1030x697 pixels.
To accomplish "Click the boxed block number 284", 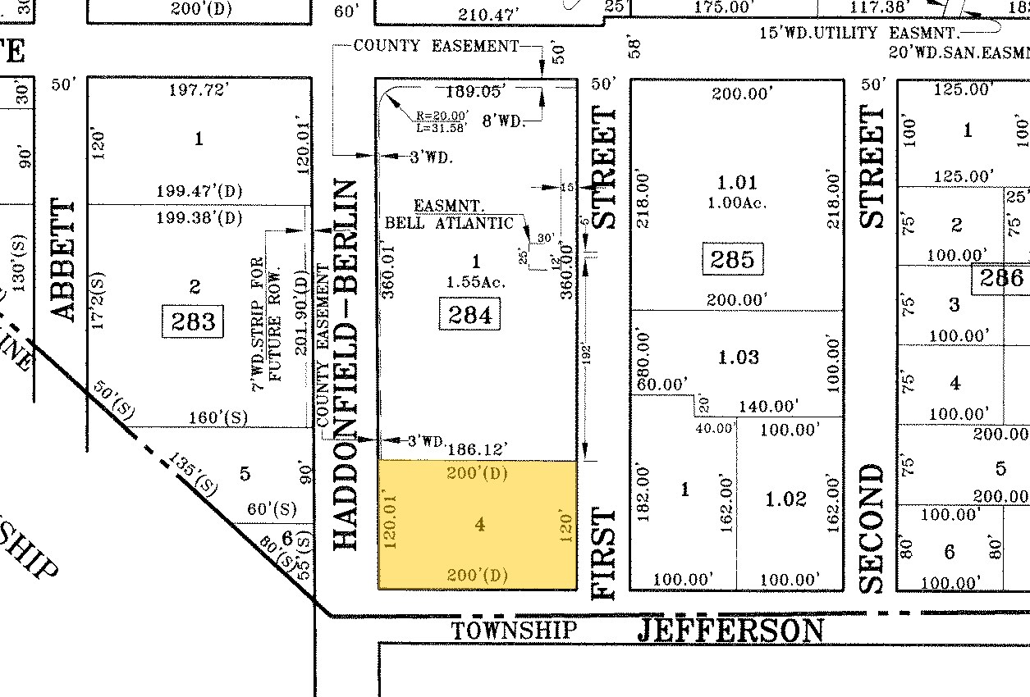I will pyautogui.click(x=470, y=314).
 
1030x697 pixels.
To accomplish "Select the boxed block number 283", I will pyautogui.click(x=195, y=321).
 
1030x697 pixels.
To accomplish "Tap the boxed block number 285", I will pyautogui.click(x=732, y=260).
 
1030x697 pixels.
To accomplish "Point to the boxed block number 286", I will pyautogui.click(x=1001, y=278).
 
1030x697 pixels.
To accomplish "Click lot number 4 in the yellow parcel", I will pyautogui.click(x=480, y=523).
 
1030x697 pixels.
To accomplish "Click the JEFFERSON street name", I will pyautogui.click(x=730, y=631).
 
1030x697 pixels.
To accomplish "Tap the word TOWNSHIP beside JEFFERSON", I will pyautogui.click(x=515, y=631).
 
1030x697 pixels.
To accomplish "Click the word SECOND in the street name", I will pyautogui.click(x=872, y=529).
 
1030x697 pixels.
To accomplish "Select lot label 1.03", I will pyautogui.click(x=739, y=357).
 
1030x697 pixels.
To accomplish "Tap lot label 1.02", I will pyautogui.click(x=786, y=499).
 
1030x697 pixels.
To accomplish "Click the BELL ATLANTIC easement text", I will pyautogui.click(x=450, y=223).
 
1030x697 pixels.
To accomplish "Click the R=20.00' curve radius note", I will pyautogui.click(x=442, y=116).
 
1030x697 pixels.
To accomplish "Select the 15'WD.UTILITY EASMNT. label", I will pyautogui.click(x=854, y=33).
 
